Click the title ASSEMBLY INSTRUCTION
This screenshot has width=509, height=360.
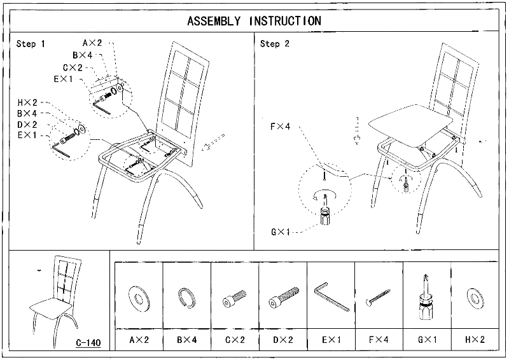pyautogui.click(x=254, y=20)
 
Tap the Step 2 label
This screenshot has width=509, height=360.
pyautogui.click(x=275, y=44)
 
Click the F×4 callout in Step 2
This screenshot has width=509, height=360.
pyautogui.click(x=279, y=127)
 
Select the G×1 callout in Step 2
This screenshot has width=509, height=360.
pyautogui.click(x=279, y=232)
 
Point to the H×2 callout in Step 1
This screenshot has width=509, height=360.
pyautogui.click(x=29, y=102)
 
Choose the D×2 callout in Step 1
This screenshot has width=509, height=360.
pyautogui.click(x=27, y=124)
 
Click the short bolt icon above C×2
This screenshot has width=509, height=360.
pyautogui.click(x=235, y=298)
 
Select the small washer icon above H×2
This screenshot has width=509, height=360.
pyautogui.click(x=475, y=296)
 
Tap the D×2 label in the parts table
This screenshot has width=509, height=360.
pyautogui.click(x=282, y=340)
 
